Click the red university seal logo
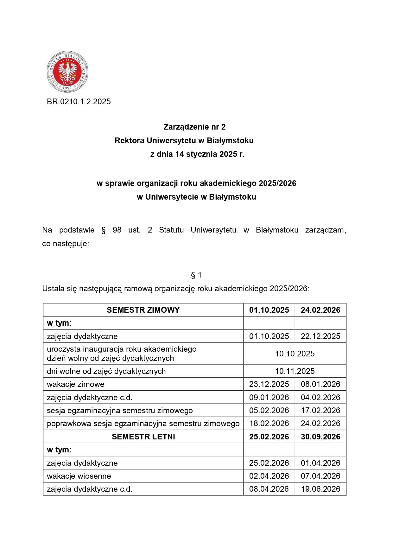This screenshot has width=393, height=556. tap(67, 72)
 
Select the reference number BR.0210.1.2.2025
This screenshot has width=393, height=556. tap(79, 102)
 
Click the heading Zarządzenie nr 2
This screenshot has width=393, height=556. tap(194, 127)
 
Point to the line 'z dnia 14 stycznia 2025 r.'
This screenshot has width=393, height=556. tap(197, 154)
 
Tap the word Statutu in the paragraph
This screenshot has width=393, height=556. tap(171, 230)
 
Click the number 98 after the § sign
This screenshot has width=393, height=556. tap(117, 230)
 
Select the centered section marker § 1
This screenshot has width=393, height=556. tap(196, 275)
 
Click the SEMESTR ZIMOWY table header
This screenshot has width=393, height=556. tap(143, 310)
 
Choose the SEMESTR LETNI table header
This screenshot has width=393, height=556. tap(143, 437)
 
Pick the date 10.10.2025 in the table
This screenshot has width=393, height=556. tap(295, 354)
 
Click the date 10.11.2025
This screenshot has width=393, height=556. tap(295, 371)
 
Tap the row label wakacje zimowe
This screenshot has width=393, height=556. tap(76, 384)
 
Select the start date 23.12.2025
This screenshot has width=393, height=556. tap(269, 384)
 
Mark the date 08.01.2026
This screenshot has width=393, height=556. tap(320, 384)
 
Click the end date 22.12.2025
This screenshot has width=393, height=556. tap(320, 336)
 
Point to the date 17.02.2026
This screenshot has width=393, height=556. tap(320, 411)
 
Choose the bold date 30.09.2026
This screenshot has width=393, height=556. tap(320, 437)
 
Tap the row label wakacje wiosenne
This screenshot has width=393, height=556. tap(79, 476)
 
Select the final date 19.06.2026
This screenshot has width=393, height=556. tap(320, 489)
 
